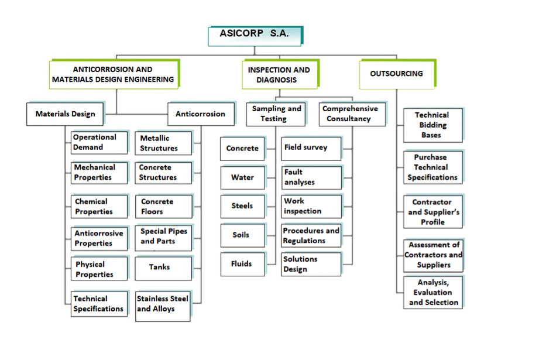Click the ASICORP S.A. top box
pyautogui.click(x=255, y=35)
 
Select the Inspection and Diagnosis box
pyautogui.click(x=279, y=74)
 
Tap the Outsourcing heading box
pyautogui.click(x=396, y=74)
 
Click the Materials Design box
pyautogui.click(x=65, y=114)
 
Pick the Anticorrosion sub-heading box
pyautogui.click(x=200, y=114)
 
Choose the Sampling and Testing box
pyautogui.click(x=276, y=114)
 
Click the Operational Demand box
pyautogui.click(x=99, y=142)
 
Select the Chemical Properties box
pyautogui.click(x=99, y=207)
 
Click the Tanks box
pyautogui.click(x=163, y=268)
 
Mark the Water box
pyautogui.click(x=242, y=177)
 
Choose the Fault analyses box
pyautogui.click(x=311, y=177)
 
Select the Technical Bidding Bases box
pyautogui.click(x=432, y=125)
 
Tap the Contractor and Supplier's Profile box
pyautogui.click(x=432, y=212)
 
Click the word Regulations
pyautogui.click(x=304, y=241)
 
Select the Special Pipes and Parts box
pyautogui.click(x=163, y=236)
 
